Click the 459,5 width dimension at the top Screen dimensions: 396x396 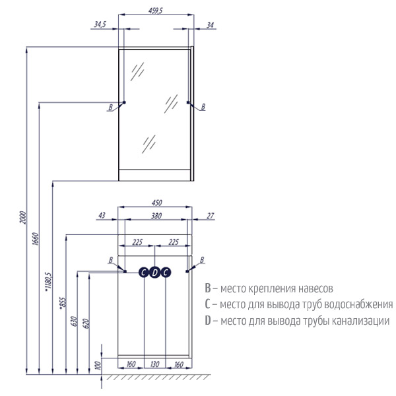click(156, 11)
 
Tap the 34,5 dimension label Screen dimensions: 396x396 click(100, 24)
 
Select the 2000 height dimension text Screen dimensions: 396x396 click(22, 217)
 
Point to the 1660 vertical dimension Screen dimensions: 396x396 click(36, 239)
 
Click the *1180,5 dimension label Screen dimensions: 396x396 click(48, 282)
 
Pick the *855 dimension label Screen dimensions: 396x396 click(63, 303)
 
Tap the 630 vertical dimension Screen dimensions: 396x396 click(74, 321)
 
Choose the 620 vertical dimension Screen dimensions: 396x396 click(86, 323)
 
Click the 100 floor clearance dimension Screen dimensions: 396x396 click(98, 366)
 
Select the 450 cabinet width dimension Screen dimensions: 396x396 click(156, 203)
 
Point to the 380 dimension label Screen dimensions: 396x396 click(156, 216)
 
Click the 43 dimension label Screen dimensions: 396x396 click(102, 215)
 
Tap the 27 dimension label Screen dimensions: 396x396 click(210, 216)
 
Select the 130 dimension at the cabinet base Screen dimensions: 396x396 click(154, 364)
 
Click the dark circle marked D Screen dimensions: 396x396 click(154, 273)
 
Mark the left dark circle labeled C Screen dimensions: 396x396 click(144, 273)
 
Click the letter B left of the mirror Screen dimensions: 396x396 click(110, 108)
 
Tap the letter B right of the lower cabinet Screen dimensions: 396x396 click(202, 260)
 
